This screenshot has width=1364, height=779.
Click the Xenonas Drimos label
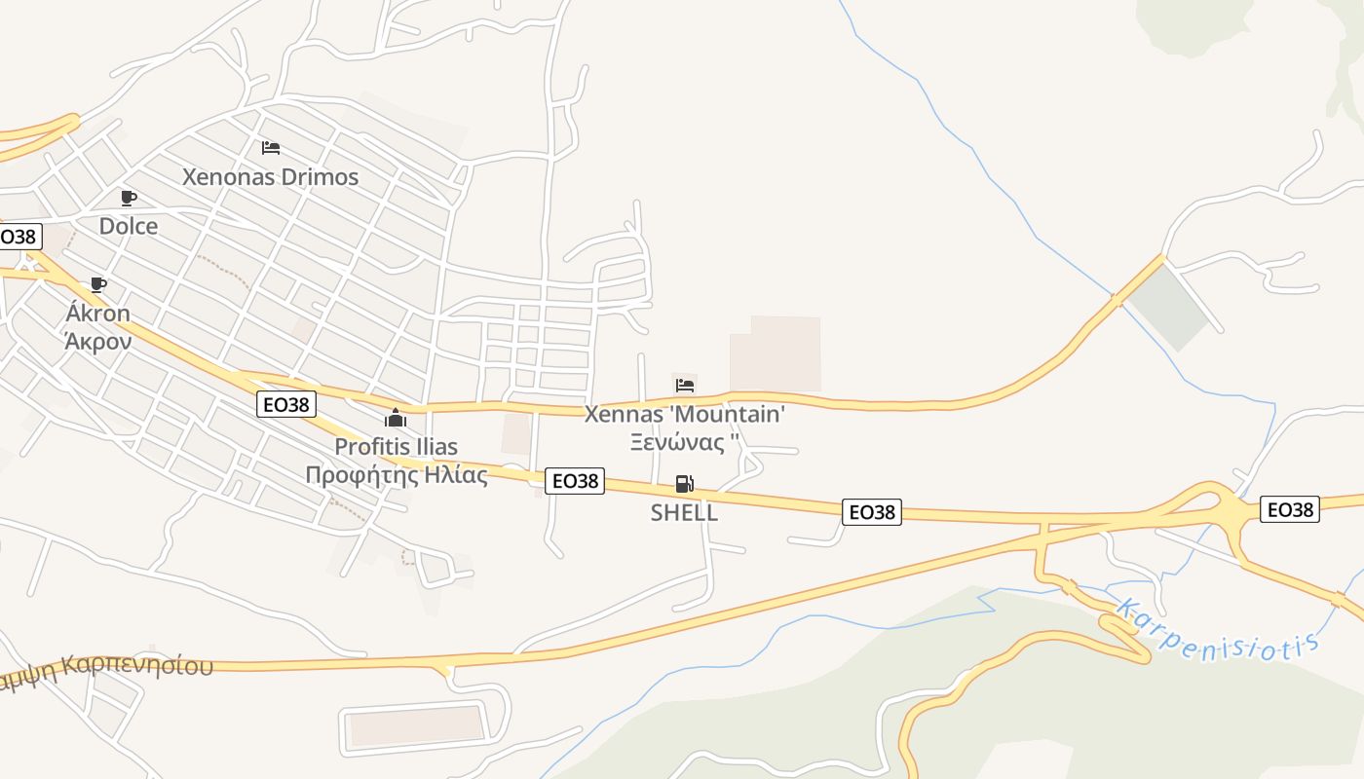tap(271, 177)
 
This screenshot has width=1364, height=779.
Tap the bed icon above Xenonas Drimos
tap(271, 148)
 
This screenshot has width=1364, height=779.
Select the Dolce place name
tap(129, 226)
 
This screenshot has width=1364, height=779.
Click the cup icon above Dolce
tap(128, 198)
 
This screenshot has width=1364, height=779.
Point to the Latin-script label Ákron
tap(97, 314)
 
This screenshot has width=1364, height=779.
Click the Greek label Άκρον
tap(97, 341)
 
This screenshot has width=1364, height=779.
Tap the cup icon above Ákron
tap(97, 284)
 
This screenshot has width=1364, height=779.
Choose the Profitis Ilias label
tap(396, 447)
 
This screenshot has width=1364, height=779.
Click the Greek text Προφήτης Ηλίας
tap(396, 475)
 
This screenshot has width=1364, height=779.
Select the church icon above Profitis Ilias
tap(396, 419)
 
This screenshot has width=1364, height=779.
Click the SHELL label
tap(684, 513)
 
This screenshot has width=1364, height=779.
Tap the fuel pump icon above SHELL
tap(684, 484)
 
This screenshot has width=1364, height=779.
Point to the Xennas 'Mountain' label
tap(684, 414)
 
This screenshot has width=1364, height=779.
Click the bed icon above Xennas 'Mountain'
tap(684, 385)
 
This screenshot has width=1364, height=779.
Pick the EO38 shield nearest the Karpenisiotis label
tap(1289, 509)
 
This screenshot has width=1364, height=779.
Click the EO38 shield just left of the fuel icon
tap(574, 481)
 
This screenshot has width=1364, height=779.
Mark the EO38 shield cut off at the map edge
tap(19, 237)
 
